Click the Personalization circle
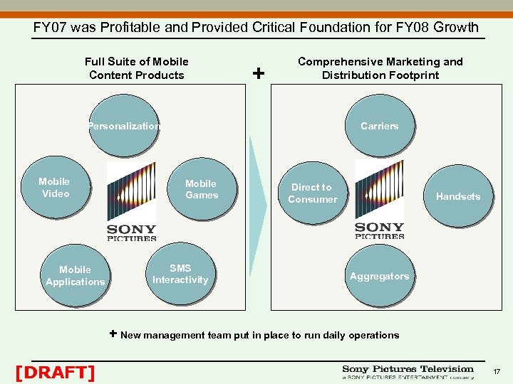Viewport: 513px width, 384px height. (x=124, y=127)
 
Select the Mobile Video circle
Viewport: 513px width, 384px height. (x=55, y=188)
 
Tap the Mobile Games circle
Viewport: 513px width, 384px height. (x=202, y=189)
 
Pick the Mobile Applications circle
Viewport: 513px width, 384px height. (x=75, y=276)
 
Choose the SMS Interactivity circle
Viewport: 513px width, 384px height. (x=180, y=274)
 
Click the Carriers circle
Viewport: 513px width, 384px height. (x=380, y=127)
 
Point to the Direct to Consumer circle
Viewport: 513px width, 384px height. (x=312, y=193)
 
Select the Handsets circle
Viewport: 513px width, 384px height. (x=458, y=196)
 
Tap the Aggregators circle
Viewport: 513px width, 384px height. (x=380, y=277)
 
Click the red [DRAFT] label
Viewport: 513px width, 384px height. (x=55, y=372)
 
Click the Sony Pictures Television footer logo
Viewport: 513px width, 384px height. (x=408, y=372)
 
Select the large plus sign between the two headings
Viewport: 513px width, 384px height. (x=259, y=73)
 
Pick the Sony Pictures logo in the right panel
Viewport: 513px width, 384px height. (x=379, y=199)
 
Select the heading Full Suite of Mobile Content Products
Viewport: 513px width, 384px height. (x=137, y=68)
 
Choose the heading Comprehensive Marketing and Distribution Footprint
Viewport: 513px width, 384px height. (x=380, y=68)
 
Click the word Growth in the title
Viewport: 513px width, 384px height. (x=454, y=28)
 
